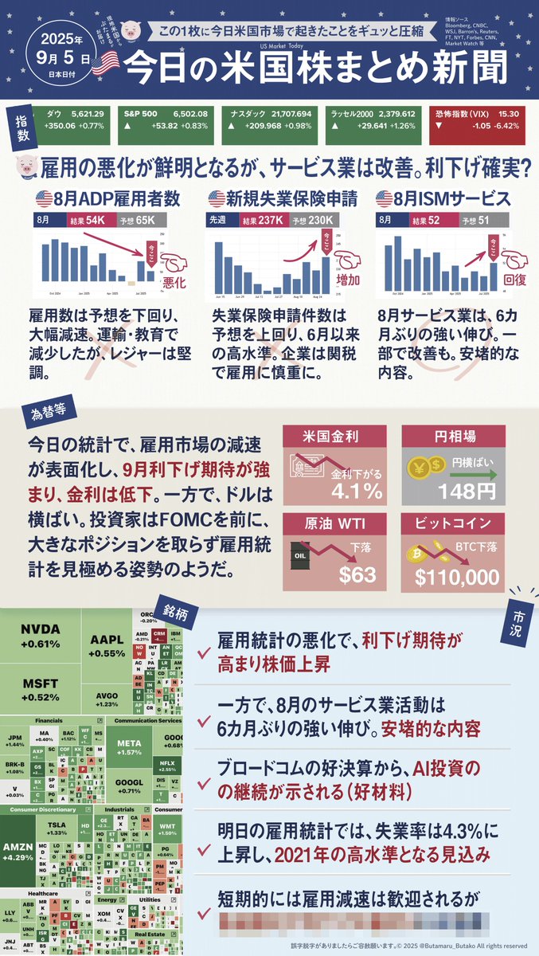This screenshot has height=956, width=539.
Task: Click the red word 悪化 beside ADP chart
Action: (x=174, y=282)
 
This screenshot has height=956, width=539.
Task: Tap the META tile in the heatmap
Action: (x=128, y=749)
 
